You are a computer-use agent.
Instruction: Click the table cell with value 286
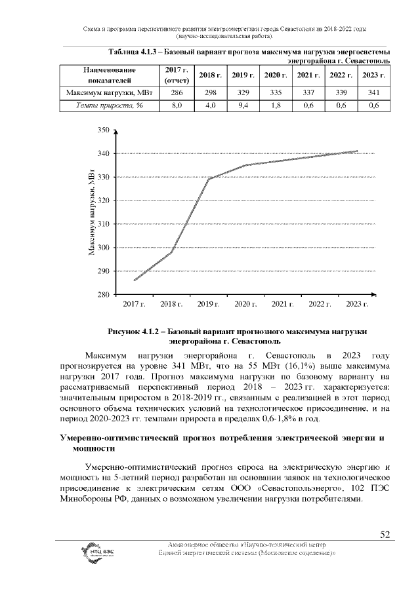pyautogui.click(x=176, y=92)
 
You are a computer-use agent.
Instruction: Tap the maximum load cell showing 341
pyautogui.click(x=374, y=92)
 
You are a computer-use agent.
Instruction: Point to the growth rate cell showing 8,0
pyautogui.click(x=176, y=105)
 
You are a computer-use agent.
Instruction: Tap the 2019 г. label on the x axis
pyautogui.click(x=209, y=305)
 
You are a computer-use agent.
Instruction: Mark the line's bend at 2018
pyautogui.click(x=172, y=252)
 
